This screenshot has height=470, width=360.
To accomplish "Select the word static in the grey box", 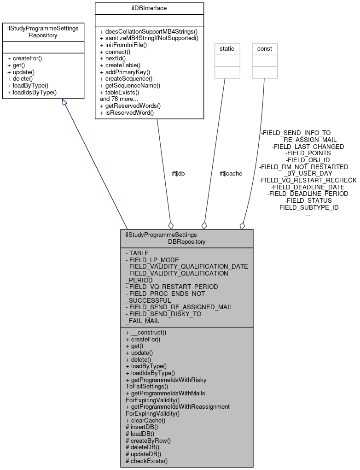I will point(227,48).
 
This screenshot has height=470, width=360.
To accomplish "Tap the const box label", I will point(265,48).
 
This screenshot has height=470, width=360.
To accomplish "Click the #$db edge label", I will point(178,173).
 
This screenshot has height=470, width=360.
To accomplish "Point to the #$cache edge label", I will point(231,173).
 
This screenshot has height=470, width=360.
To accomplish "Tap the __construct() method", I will point(145,332).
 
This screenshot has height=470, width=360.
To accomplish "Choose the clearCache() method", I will point(145,420).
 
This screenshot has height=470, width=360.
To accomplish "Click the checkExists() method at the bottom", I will point(146,460).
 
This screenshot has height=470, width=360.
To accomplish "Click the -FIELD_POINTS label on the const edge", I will point(308,153).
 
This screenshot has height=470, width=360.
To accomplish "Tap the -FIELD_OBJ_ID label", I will point(308,160).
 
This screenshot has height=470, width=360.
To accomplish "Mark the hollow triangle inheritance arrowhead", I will point(65,103).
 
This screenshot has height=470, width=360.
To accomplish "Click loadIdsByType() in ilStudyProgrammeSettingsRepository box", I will point(32,92).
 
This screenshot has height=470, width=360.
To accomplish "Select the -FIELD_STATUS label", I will point(308,200).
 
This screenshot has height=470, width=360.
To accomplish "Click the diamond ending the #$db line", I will point(171,225).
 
